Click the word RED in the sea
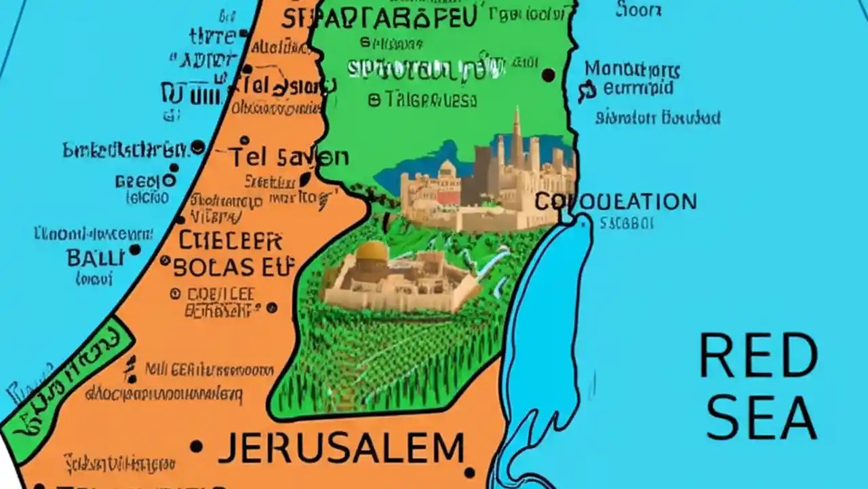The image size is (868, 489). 758,355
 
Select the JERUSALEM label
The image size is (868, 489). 342,448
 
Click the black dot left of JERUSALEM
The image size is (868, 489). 197,446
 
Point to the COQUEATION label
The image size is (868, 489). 615,202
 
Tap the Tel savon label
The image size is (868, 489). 288,158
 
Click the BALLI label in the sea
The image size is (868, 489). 95,257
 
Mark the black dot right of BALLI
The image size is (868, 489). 135,250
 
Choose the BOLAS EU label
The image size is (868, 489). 224,267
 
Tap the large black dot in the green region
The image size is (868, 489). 548,75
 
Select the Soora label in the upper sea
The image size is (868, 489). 638,10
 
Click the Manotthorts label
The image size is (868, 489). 632,69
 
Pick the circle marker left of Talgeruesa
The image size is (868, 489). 374,101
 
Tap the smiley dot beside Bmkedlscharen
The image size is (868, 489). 197,146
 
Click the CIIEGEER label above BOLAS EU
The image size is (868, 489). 231,240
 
